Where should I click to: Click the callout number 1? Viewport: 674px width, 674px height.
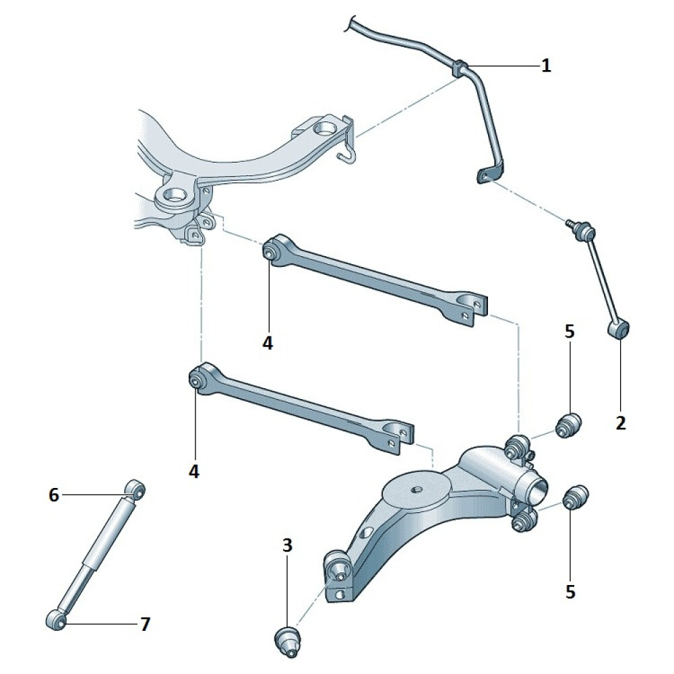tap(545, 66)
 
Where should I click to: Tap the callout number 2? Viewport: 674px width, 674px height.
tap(620, 423)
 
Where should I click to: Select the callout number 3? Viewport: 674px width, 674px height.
tap(287, 545)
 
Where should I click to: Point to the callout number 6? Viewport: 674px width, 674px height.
tap(54, 495)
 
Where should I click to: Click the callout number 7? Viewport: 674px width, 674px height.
tap(146, 624)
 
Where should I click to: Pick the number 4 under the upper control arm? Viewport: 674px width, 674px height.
tap(268, 343)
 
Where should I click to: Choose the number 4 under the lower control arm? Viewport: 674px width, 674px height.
tap(194, 472)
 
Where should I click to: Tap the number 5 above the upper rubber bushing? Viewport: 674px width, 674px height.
tap(569, 332)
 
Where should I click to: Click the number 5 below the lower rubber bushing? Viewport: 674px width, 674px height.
tap(570, 592)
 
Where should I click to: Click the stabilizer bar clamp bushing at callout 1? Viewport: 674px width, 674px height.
tap(459, 68)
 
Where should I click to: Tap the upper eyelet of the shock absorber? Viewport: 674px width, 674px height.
tap(135, 489)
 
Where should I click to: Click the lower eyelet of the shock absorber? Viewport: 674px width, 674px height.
tap(56, 619)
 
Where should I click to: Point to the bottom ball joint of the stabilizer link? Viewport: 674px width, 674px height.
tap(619, 329)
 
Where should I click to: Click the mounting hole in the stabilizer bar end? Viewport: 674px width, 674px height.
tap(484, 176)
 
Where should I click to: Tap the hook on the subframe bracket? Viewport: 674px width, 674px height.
tap(346, 155)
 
